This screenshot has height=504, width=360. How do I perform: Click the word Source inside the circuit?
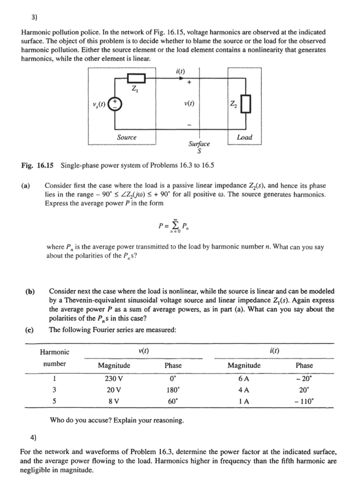point(126,137)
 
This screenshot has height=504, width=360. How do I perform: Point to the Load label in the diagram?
point(244,137)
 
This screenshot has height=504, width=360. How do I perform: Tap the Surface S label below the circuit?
point(199,146)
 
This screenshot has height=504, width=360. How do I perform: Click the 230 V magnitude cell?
point(113,379)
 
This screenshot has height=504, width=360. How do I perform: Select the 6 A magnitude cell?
point(244,379)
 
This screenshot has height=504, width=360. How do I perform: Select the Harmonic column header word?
point(54,352)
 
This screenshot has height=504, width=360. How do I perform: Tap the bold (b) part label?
point(29,292)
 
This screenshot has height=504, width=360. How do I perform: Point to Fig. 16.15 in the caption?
point(38,165)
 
